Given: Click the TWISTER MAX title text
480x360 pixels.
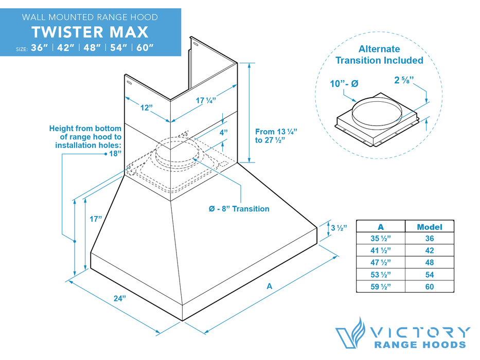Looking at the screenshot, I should coord(90,32).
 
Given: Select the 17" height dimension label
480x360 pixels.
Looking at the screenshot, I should coord(96,219).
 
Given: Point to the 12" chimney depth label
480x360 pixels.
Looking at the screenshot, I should coord(147,107).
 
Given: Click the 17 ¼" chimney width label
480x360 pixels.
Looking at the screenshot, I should coord(206,101).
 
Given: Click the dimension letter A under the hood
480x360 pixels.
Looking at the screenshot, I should coord(269,287).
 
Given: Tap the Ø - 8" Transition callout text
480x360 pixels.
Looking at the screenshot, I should coord(239,209).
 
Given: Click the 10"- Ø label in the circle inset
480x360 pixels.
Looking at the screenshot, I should coord(344,83).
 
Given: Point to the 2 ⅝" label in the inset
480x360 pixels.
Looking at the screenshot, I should coord(404,80).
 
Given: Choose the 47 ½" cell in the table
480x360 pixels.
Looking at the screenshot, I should coord(380,262).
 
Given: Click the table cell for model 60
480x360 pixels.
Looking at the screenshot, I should coord(429,286).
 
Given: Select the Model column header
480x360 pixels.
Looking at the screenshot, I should coord(429,227).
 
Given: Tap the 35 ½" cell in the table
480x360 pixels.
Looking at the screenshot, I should coord(380,239).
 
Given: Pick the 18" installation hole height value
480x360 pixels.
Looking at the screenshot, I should coord(115,153).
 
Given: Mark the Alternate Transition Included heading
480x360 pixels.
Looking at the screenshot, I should coord(379,55).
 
